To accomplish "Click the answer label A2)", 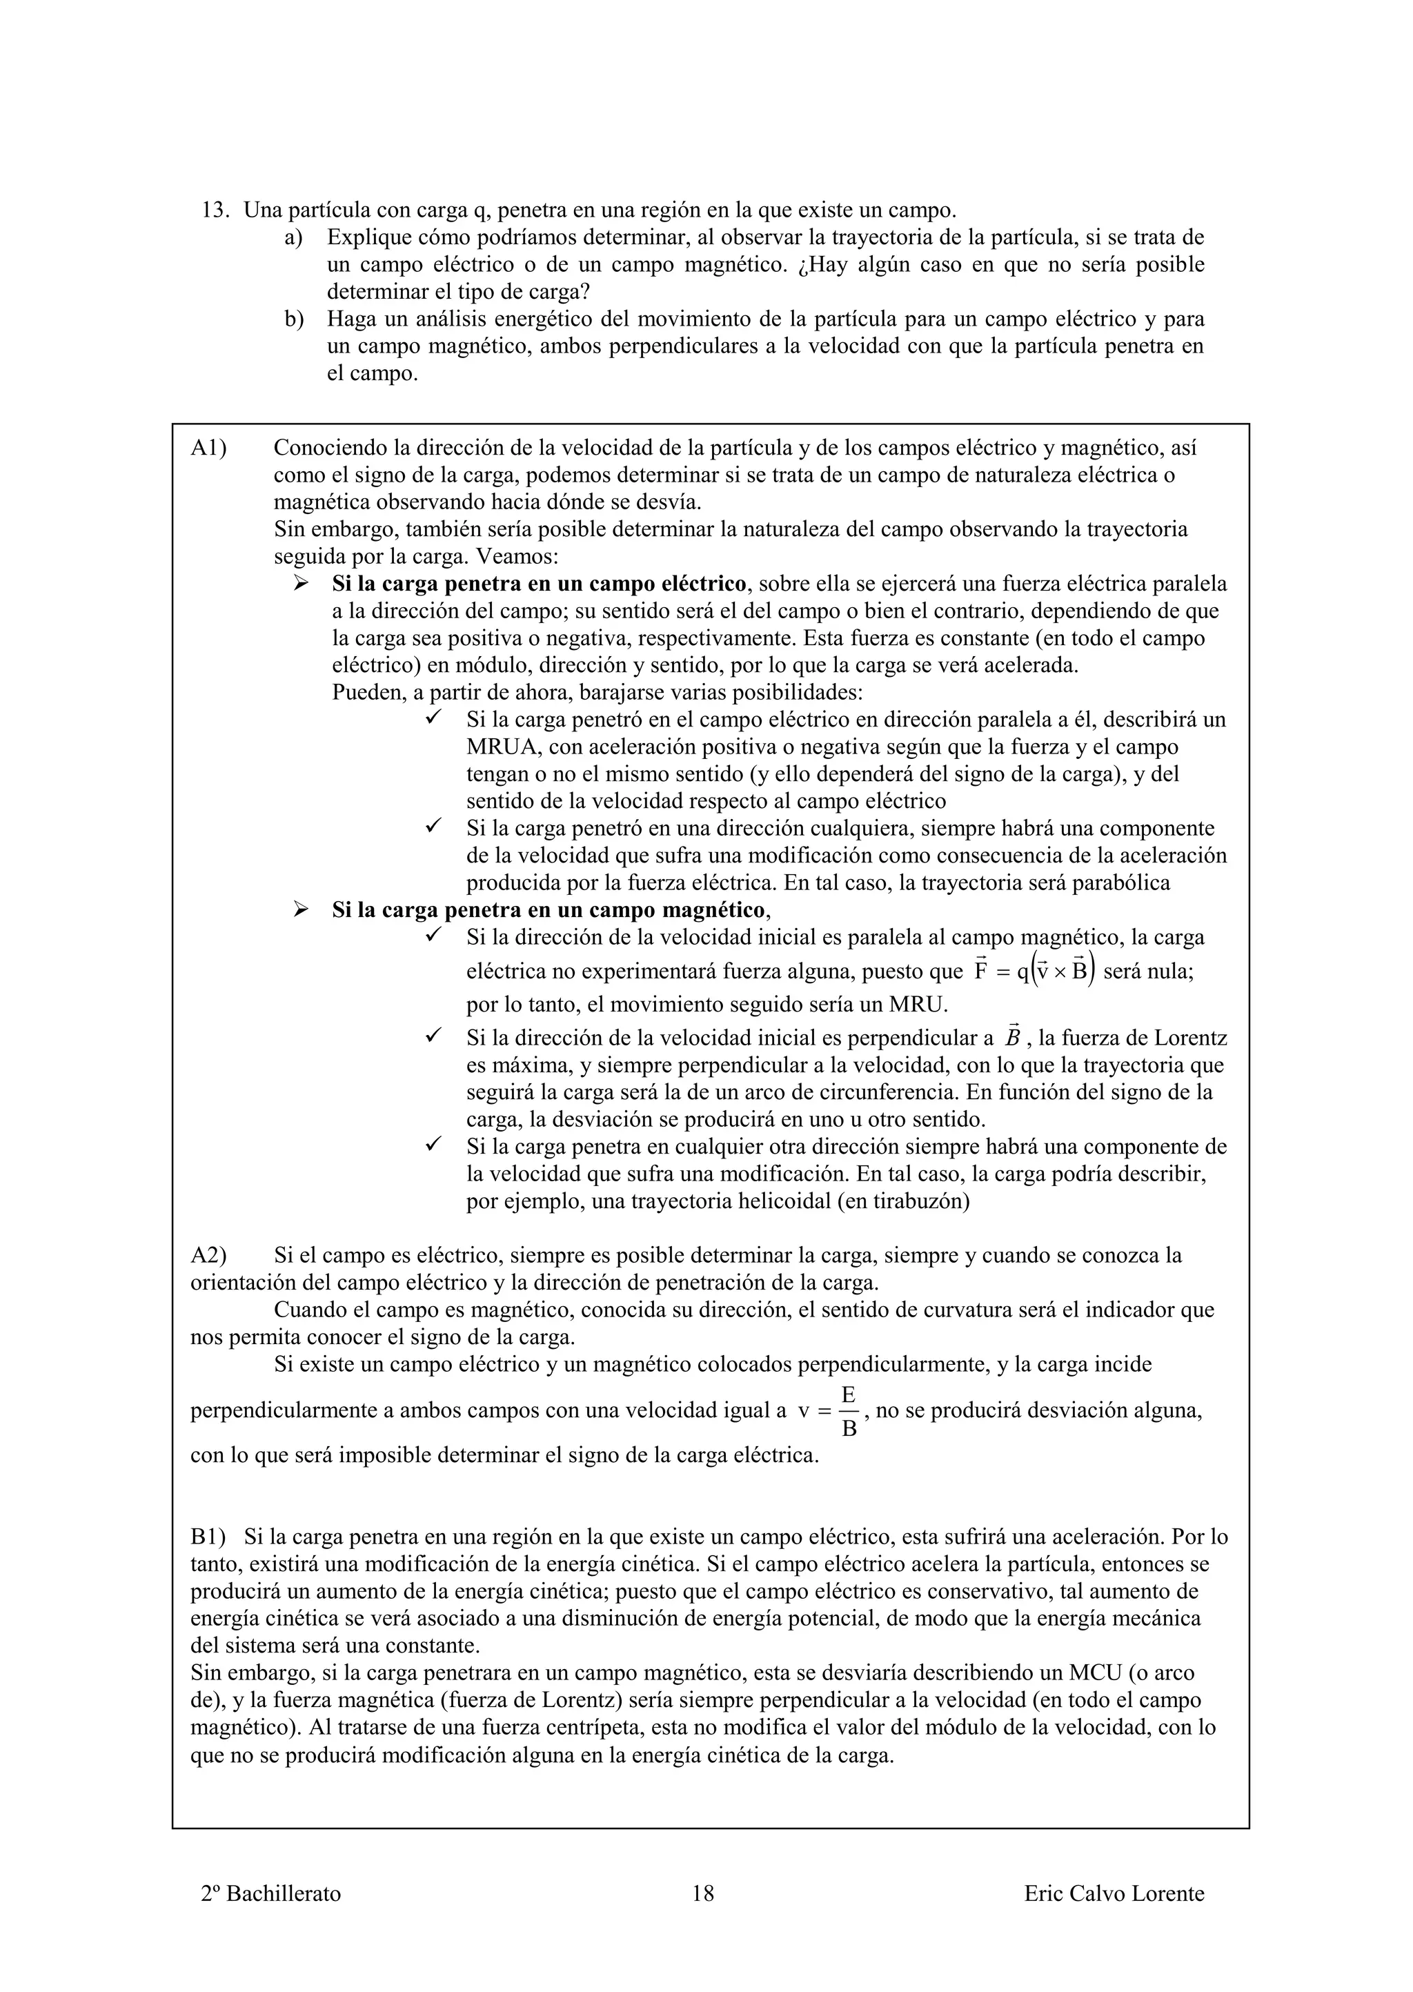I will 209,1256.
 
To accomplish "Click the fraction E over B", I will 849,1412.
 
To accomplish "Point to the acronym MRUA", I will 502,747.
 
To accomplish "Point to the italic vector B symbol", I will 1012,1037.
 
